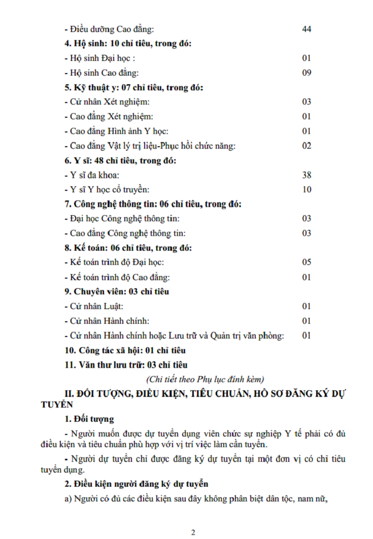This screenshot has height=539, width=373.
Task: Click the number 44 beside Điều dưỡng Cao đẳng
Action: pyautogui.click(x=307, y=29)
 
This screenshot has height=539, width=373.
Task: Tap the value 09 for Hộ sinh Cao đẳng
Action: pyautogui.click(x=307, y=73)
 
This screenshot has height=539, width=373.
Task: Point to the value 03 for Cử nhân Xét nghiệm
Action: pyautogui.click(x=307, y=102)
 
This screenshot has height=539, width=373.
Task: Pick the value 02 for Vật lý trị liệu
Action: pyautogui.click(x=307, y=146)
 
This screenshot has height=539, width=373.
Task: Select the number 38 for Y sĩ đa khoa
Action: pyautogui.click(x=307, y=175)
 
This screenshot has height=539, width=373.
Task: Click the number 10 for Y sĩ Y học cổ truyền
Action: pyautogui.click(x=307, y=190)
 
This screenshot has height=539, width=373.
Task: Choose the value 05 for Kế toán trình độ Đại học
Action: pyautogui.click(x=307, y=262)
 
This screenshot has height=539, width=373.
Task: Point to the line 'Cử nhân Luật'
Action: pyautogui.click(x=94, y=307)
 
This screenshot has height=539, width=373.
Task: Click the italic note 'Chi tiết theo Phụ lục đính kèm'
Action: pyautogui.click(x=205, y=379)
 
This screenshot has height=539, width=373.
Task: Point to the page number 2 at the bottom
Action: pyautogui.click(x=193, y=532)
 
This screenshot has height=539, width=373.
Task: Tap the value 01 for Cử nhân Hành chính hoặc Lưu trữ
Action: pyautogui.click(x=307, y=335)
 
